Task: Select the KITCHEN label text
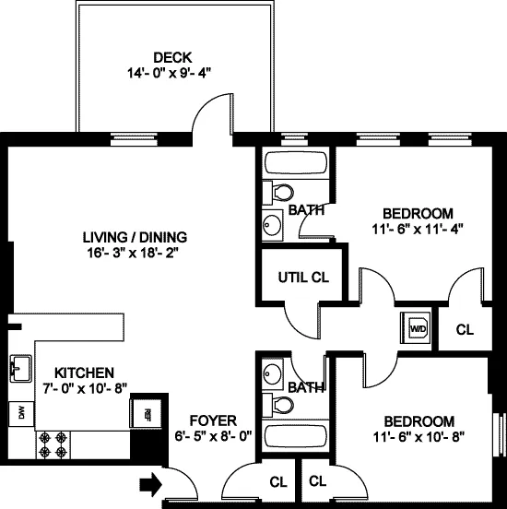point(84,372)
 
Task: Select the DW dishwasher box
point(19,414)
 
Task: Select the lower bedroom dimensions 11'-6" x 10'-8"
point(414,436)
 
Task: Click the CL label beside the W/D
point(465,329)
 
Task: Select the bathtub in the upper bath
point(294,165)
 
